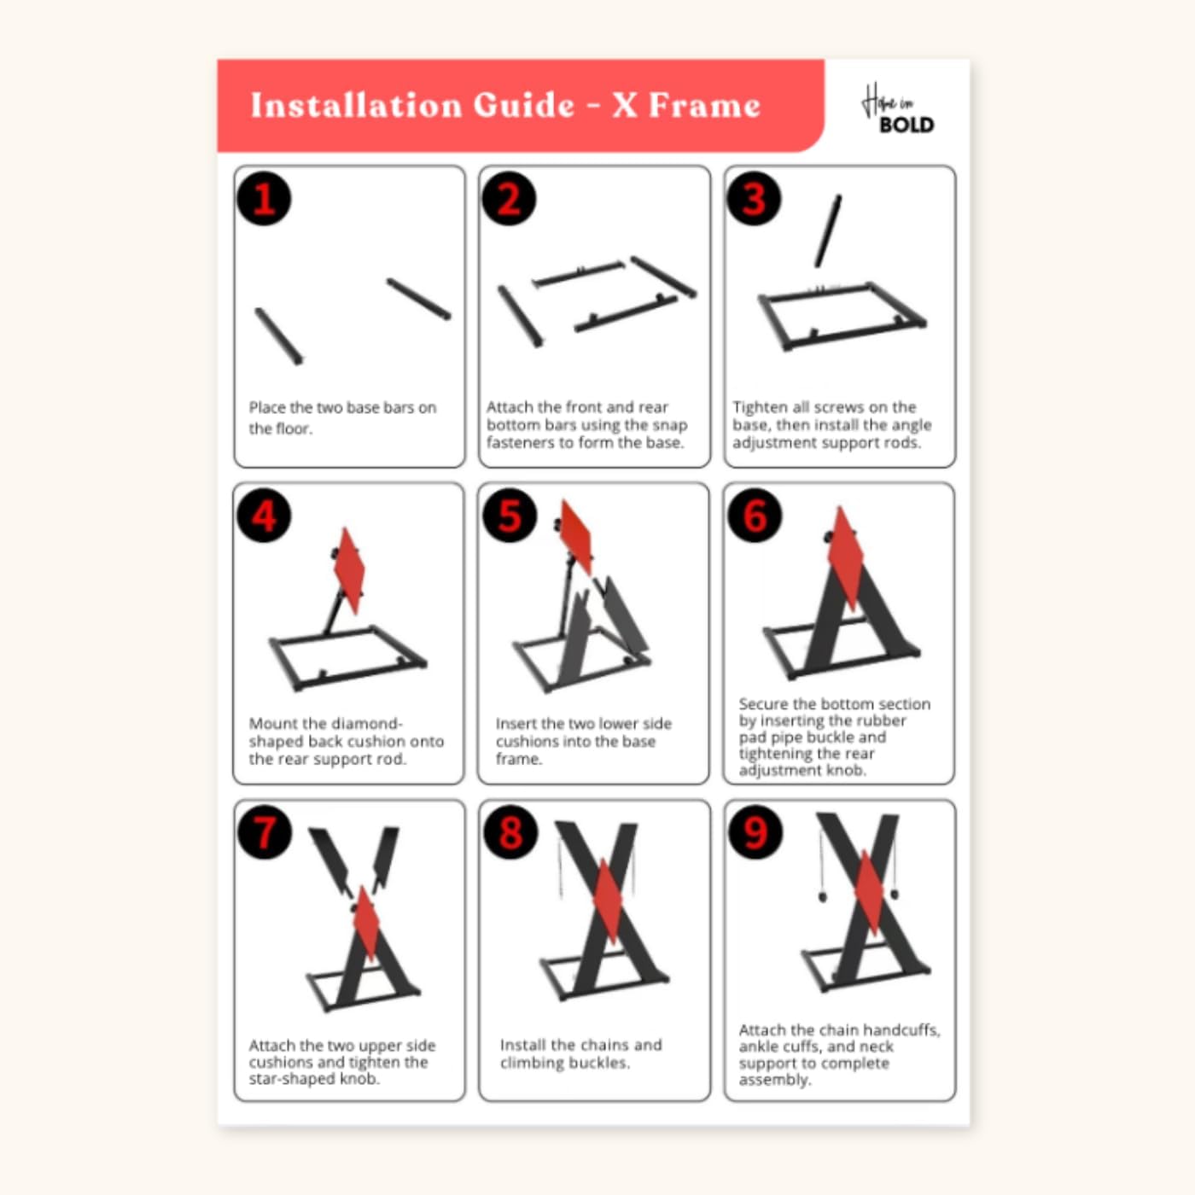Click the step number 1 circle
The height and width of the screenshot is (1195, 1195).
point(264,199)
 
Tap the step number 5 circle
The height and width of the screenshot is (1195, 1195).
point(509,516)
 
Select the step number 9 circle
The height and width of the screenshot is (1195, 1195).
point(755,832)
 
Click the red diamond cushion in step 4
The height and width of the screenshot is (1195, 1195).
point(349,570)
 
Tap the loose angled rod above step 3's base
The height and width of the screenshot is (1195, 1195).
point(828,230)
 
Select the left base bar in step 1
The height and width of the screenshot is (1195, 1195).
point(279,336)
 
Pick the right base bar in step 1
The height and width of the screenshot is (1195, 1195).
point(418,299)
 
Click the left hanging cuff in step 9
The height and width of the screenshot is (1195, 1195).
point(823,896)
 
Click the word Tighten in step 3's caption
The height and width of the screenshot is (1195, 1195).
point(761,407)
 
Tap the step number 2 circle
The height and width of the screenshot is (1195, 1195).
point(509,199)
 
